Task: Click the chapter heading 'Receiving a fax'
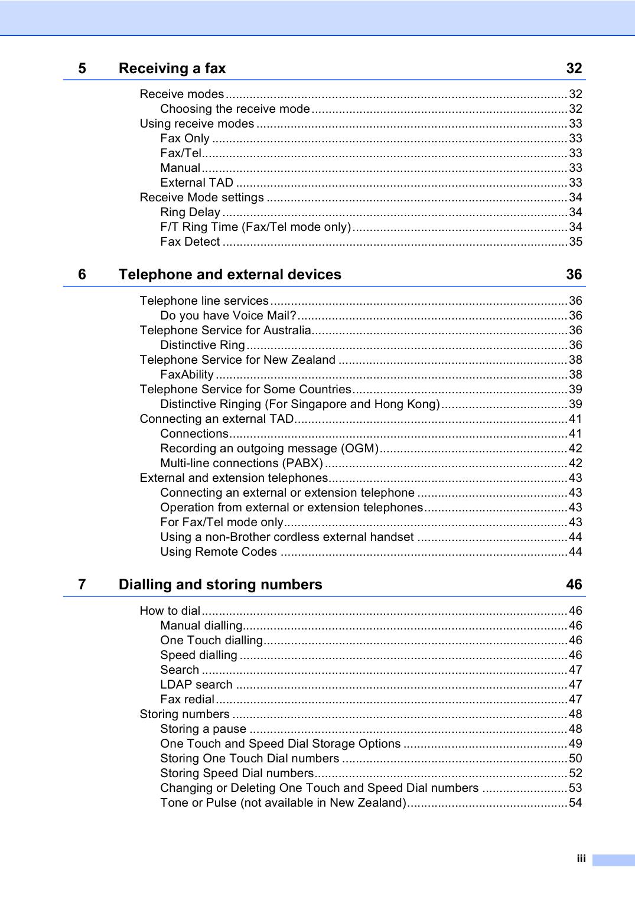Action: point(172,69)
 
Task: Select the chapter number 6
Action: point(82,275)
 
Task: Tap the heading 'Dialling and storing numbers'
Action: point(220,585)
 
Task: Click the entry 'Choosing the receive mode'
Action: point(235,109)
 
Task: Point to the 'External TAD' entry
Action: point(197,182)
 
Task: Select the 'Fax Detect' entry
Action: point(190,242)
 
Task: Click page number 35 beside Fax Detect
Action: point(575,242)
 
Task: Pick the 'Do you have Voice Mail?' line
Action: point(229,315)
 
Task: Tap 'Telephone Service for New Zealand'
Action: point(237,360)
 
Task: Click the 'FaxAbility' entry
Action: point(187,374)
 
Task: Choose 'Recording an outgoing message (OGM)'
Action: point(269,448)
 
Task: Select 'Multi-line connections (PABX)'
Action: point(242,463)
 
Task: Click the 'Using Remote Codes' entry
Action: point(219,552)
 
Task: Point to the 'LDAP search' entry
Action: point(196,684)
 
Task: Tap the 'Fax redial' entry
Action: point(187,699)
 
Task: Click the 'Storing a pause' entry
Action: point(203,729)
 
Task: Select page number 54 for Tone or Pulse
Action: point(575,803)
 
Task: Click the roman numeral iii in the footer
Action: point(581,859)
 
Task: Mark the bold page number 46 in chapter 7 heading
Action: point(574,585)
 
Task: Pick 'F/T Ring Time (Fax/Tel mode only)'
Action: point(256,227)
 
